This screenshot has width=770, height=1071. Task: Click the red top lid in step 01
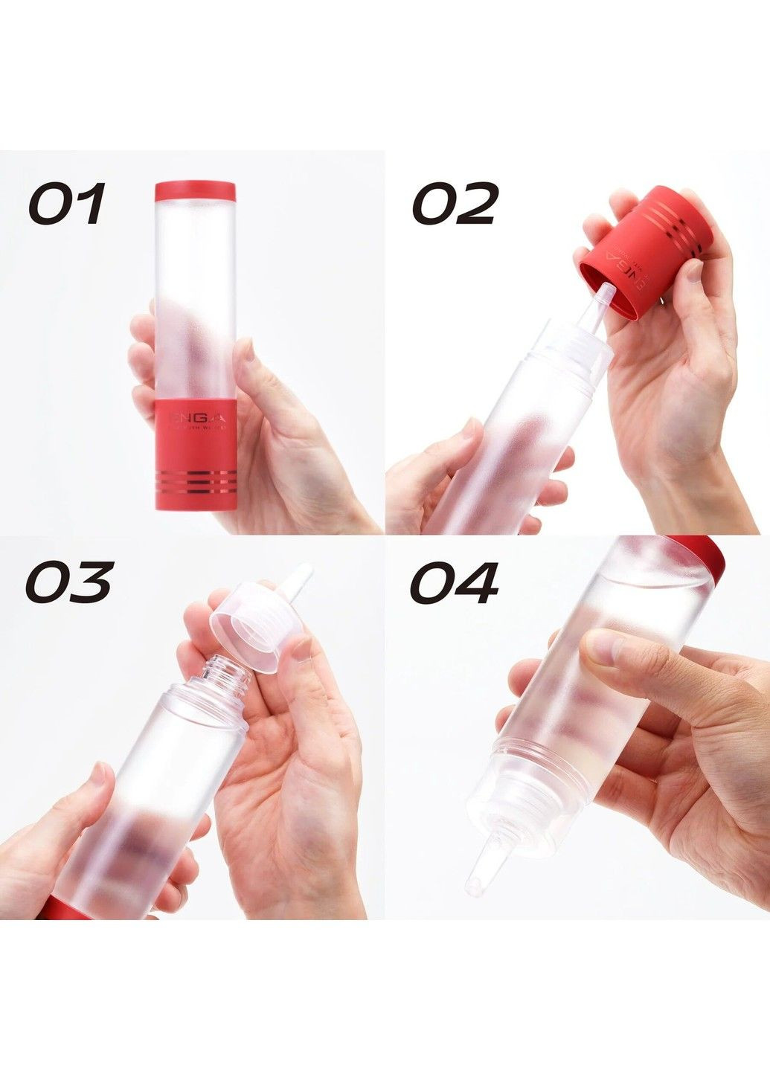[x=195, y=191]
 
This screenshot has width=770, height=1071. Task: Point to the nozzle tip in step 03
[x=300, y=580]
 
